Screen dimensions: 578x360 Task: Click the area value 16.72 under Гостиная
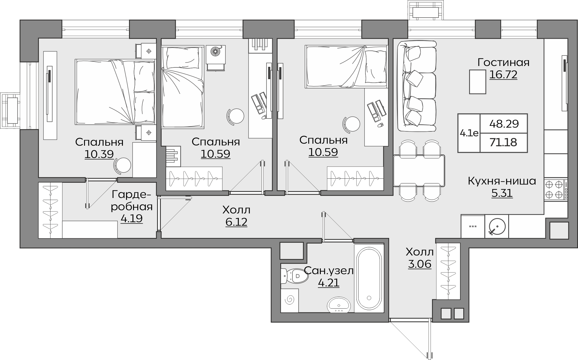pos(503,75)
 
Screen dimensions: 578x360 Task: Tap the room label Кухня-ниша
pos(502,181)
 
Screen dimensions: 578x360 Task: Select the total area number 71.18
pos(504,142)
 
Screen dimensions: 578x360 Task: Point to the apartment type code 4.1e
pos(469,133)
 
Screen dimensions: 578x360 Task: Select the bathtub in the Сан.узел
pos(369,279)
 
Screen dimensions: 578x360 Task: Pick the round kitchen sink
pos(497,227)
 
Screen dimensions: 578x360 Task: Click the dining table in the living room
pos(419,171)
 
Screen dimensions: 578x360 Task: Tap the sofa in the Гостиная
pos(417,86)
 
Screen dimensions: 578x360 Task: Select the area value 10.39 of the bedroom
pos(99,154)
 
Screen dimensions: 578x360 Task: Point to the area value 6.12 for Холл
pos(236,222)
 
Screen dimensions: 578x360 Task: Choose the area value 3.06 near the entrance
pos(419,264)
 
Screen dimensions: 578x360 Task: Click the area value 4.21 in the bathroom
pos(329,283)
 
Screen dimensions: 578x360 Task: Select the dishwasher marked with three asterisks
pos(473,227)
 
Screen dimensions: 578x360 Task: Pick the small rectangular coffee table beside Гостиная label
pos(478,82)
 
